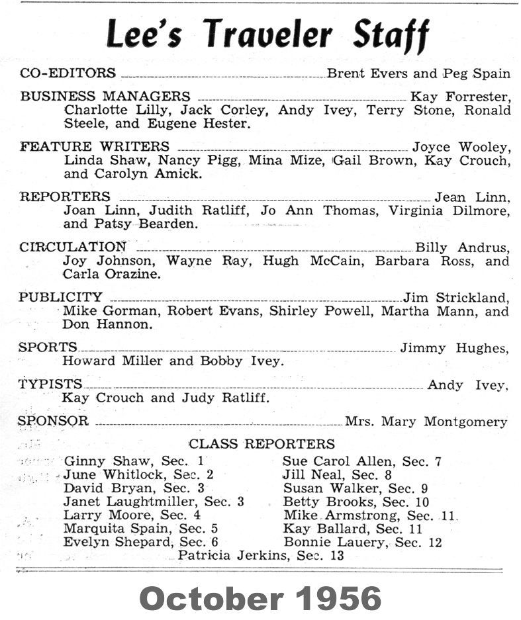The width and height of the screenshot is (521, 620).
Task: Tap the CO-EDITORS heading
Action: [68, 73]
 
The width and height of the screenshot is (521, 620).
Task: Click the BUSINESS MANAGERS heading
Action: [105, 97]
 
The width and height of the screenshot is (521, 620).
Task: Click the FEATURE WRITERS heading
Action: [95, 147]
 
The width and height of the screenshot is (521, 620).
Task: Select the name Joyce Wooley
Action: [461, 148]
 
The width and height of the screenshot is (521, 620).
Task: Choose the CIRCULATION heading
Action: [73, 247]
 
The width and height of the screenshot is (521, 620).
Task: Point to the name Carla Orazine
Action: [112, 274]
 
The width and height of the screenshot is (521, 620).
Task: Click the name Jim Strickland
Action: [456, 298]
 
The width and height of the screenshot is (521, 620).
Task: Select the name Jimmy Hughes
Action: [454, 348]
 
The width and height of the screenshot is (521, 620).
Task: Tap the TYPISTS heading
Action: [51, 384]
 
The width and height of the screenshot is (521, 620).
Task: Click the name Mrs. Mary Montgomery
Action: [426, 421]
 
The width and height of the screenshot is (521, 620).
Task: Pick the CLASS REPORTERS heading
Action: [262, 444]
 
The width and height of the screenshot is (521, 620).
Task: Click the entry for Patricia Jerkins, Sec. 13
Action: [261, 556]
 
